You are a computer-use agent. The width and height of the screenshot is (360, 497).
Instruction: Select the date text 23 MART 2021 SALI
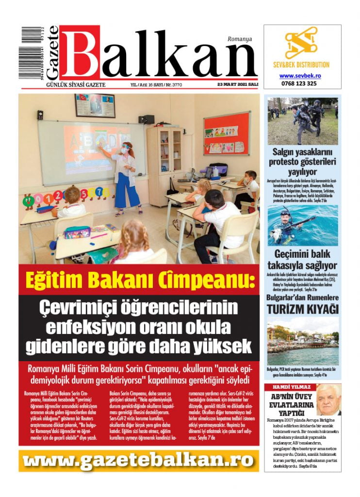pyautogui.click(x=238, y=84)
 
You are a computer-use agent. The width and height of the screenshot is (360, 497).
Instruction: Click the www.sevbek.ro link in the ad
pyautogui.click(x=300, y=76)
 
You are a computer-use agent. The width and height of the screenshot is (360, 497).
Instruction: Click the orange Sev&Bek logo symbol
pyautogui.click(x=301, y=44)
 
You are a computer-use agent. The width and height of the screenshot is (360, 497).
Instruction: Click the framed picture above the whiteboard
pyautogui.click(x=95, y=105)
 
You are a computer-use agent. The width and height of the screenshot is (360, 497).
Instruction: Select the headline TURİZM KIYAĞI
pyautogui.click(x=303, y=309)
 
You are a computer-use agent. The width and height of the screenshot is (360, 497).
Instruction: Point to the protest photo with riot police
pyautogui.click(x=303, y=121)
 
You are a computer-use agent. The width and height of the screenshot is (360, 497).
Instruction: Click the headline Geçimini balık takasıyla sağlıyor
pyautogui.click(x=303, y=259)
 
